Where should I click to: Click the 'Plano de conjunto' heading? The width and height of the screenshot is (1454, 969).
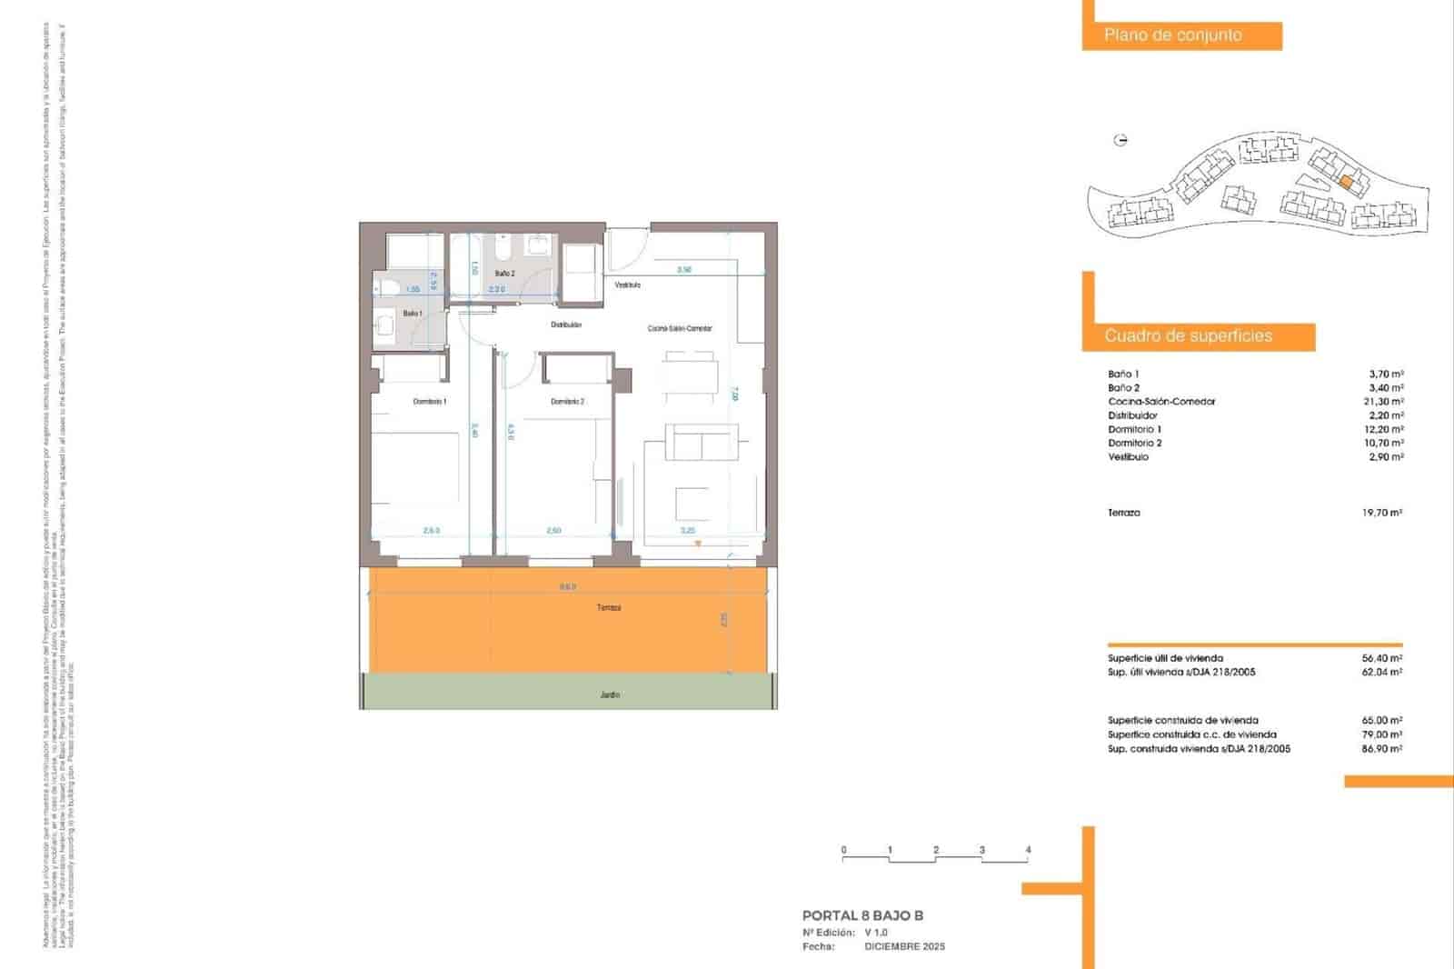pos(1172,35)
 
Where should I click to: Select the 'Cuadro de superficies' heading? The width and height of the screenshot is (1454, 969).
pos(1188,336)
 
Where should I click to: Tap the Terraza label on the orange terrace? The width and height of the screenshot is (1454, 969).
pos(609,607)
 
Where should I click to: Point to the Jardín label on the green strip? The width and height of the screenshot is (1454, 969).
pos(610,694)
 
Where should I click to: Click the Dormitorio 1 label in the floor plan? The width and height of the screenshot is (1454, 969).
pos(430,401)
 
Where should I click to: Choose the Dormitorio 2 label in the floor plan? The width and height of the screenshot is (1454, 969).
pos(567,401)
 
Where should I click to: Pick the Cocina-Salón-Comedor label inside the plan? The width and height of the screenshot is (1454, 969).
pos(680,328)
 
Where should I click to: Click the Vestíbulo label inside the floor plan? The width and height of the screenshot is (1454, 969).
pos(627,285)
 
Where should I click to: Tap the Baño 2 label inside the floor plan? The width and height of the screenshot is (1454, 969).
pos(505,273)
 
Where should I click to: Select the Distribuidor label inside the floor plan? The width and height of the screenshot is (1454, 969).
pos(566,325)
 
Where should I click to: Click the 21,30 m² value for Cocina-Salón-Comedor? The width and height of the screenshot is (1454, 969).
pos(1386,402)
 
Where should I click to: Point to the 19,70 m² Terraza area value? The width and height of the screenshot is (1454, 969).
pos(1382,513)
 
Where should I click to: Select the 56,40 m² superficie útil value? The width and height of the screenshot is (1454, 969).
pos(1383,658)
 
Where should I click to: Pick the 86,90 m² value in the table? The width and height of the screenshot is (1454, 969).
pos(1382,749)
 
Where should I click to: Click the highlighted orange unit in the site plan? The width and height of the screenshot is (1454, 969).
pos(1347,183)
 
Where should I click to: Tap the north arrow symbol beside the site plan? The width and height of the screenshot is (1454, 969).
pos(1120,140)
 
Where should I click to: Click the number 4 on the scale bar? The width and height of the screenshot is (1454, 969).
pos(1028,850)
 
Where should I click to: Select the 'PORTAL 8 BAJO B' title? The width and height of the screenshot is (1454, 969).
pos(862,916)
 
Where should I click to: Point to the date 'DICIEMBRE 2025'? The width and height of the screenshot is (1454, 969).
pos(904,946)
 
